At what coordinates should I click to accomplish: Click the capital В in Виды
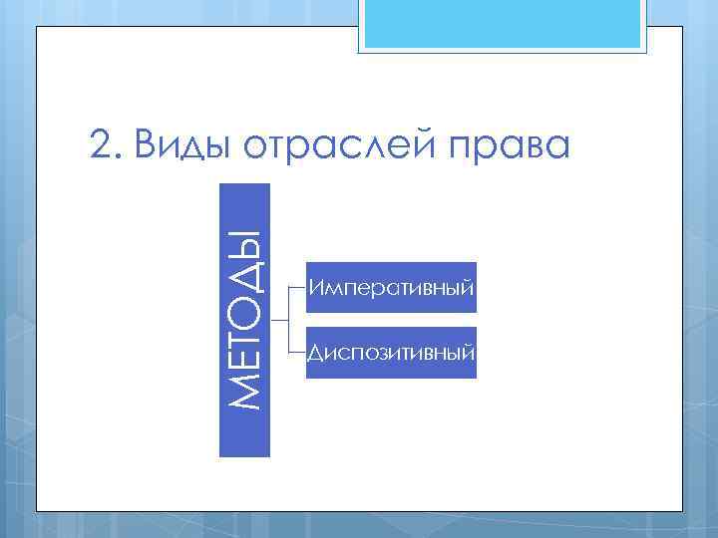coord(147,146)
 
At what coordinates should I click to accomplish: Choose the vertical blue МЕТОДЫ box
coord(244,319)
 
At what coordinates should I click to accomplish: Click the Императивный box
coord(391,288)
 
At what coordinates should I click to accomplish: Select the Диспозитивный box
coord(391,353)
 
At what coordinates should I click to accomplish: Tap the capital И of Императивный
coord(315,288)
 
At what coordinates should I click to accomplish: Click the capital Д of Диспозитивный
coord(315,353)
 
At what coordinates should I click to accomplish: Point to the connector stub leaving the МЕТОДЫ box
coord(278,320)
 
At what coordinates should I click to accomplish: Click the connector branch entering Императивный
coord(297,287)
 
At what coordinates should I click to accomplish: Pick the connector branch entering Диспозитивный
coord(297,353)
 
